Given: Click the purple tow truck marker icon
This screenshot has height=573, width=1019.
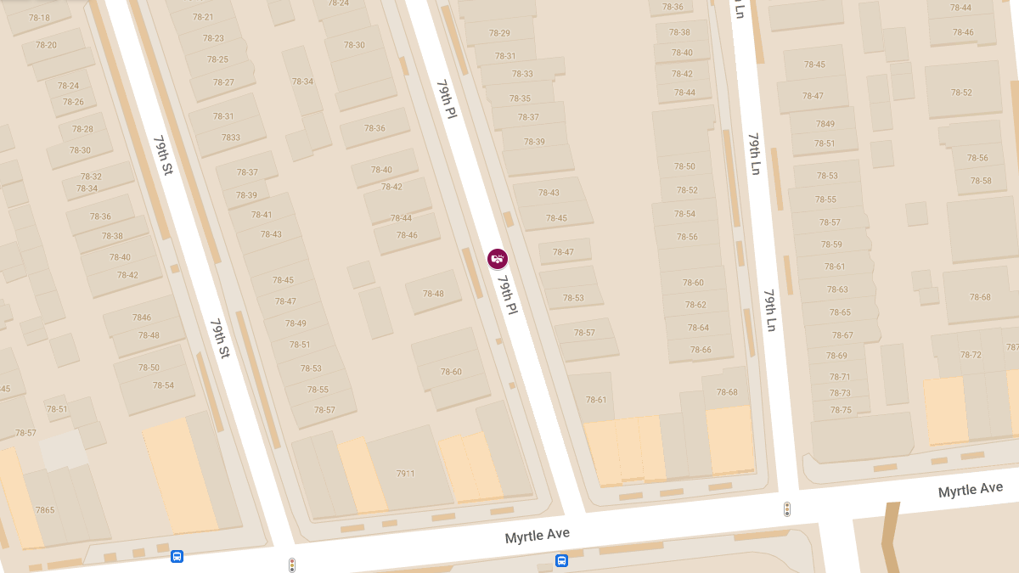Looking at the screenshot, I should tap(498, 258).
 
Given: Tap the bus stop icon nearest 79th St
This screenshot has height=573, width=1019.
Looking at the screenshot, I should tap(177, 557).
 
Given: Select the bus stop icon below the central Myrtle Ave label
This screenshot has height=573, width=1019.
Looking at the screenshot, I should tap(561, 561).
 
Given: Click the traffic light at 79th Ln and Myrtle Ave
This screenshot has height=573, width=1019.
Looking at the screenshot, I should tap(787, 509).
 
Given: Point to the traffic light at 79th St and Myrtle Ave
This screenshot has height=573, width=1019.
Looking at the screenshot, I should tap(292, 565).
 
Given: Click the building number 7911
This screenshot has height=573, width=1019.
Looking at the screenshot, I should tap(405, 474).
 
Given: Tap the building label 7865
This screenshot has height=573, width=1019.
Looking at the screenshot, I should tap(45, 510).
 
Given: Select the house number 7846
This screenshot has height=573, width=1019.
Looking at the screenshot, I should tap(142, 317).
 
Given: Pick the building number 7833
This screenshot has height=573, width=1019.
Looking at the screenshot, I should tap(231, 138).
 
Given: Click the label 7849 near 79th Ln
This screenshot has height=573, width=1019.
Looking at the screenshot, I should tap(825, 124).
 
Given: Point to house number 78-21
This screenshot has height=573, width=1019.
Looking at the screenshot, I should tap(202, 17).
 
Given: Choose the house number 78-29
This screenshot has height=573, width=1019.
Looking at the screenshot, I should tap(499, 33).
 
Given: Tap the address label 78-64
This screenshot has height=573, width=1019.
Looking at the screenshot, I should tap(698, 328).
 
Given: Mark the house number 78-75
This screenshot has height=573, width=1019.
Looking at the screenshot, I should tap(841, 410).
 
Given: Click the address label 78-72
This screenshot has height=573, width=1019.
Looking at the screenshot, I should tap(971, 355).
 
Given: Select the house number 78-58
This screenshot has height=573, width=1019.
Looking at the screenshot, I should tap(981, 181).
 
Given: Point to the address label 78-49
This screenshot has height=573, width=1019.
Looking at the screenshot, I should tap(296, 323).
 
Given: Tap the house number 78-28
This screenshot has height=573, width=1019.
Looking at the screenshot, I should tap(82, 129).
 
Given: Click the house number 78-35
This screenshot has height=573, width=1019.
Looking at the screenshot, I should tap(520, 98).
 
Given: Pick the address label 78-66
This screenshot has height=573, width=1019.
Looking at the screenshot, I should tap(701, 350).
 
